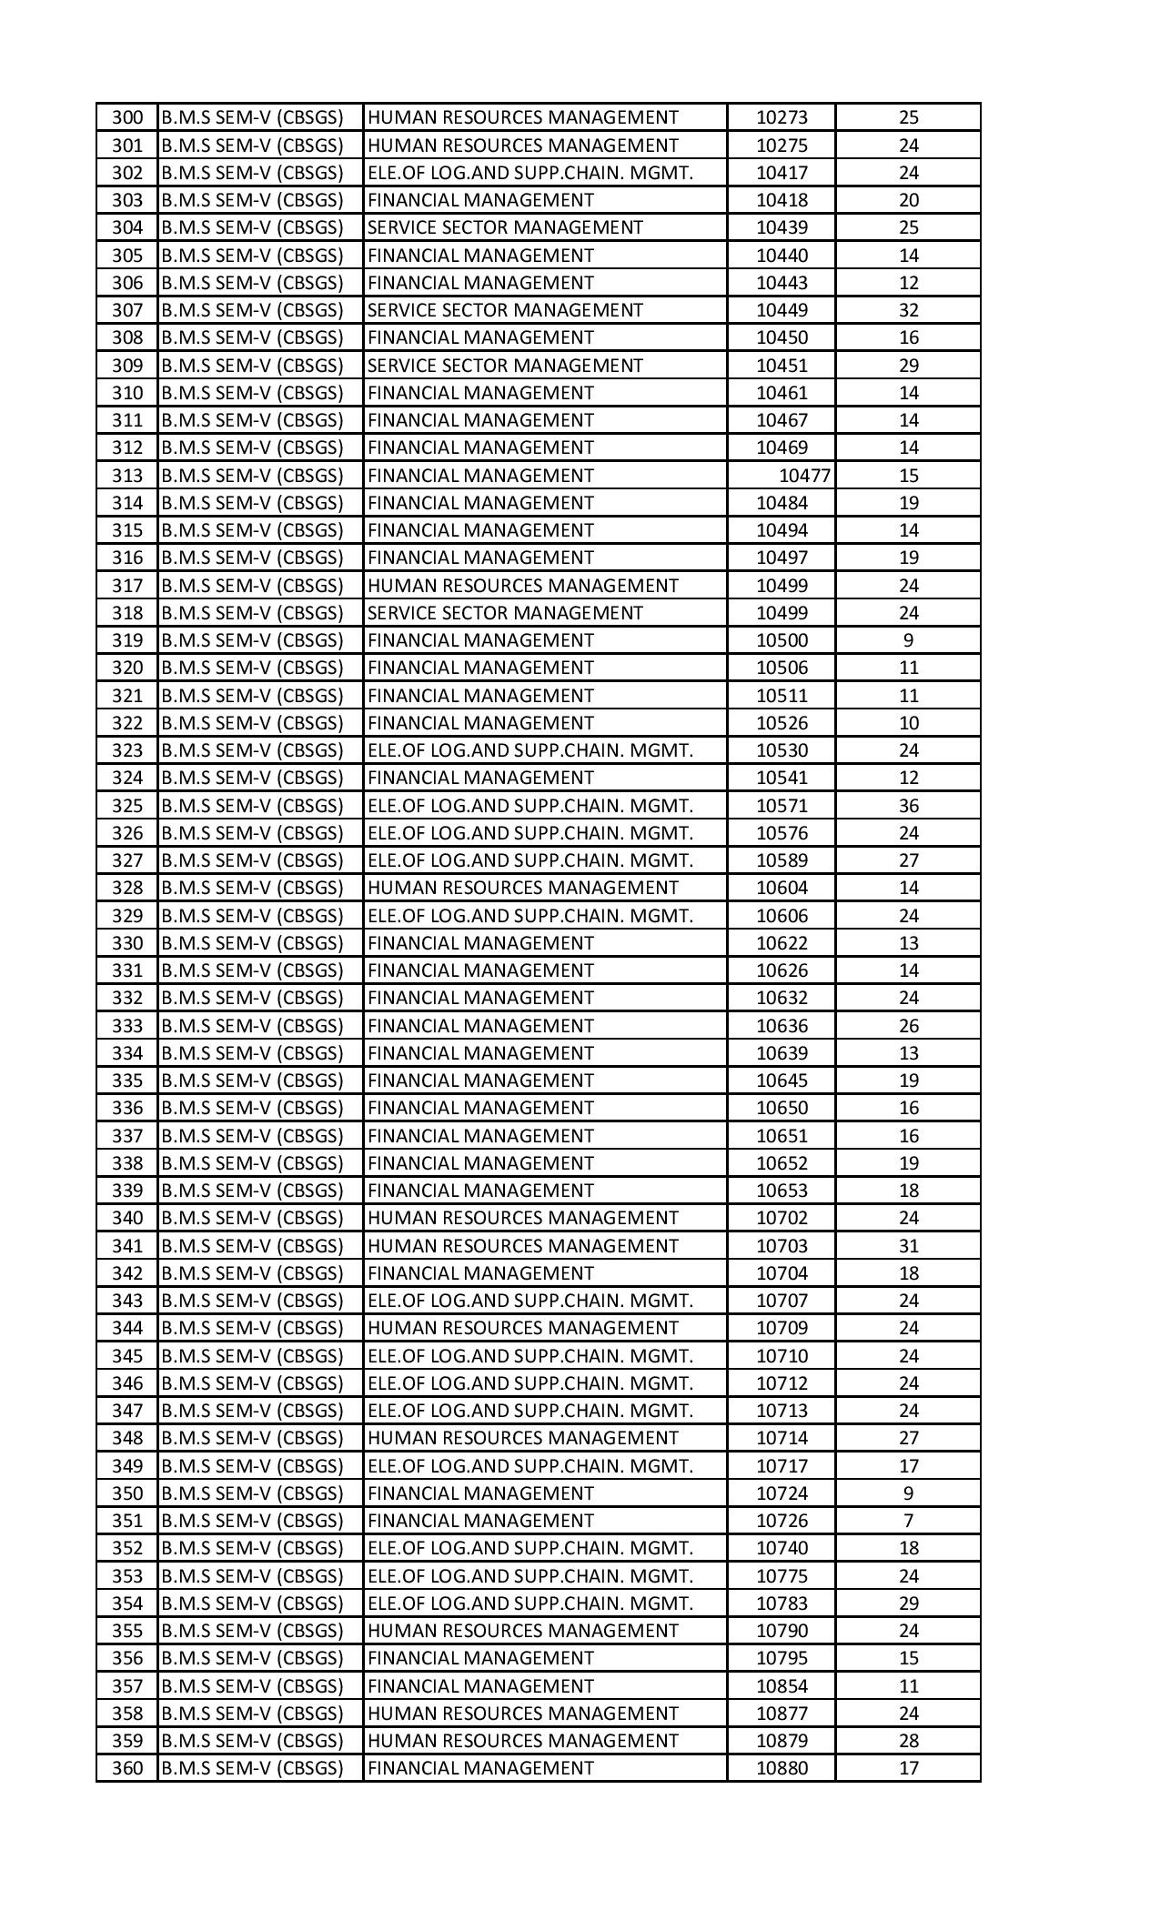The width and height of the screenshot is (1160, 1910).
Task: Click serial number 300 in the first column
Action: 127,117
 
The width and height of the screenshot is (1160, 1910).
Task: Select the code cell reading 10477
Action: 804,476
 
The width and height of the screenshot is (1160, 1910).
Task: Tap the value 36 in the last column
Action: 908,806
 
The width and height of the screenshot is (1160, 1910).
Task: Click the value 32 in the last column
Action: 908,310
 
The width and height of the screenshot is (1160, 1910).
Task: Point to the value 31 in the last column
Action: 908,1246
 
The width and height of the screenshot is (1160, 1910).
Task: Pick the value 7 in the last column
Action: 908,1521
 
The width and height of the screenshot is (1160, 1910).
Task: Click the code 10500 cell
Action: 782,640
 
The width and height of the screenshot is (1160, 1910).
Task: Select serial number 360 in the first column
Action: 127,1768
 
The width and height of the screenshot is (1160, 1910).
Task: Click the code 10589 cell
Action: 782,860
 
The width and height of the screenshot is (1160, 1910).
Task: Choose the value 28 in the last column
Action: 908,1741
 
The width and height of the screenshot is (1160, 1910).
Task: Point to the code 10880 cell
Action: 782,1768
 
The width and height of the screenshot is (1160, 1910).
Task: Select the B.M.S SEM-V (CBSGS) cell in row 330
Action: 252,943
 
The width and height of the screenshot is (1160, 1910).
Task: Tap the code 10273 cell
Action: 782,117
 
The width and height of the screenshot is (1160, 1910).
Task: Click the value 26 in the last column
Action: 908,1026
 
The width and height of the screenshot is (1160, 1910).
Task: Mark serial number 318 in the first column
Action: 127,613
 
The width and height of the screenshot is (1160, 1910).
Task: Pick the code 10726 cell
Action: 782,1521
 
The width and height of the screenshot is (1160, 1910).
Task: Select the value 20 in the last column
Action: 908,200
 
